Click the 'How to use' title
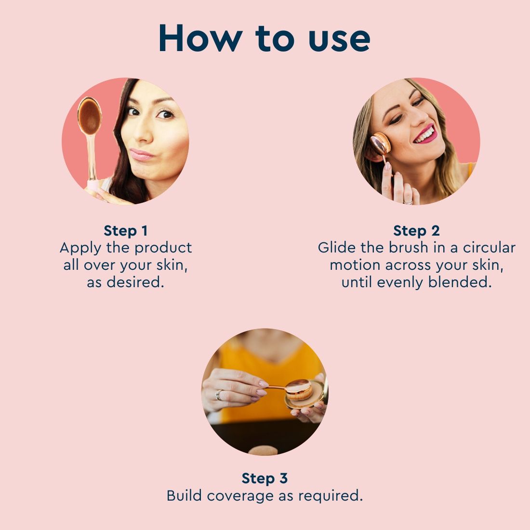pos(264,38)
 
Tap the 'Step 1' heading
pos(126,231)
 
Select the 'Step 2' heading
pos(416,231)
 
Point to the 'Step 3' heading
pos(265,478)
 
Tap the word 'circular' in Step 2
pos(489,248)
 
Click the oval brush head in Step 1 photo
pos(89,116)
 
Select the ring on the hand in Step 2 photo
pos(408,201)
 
